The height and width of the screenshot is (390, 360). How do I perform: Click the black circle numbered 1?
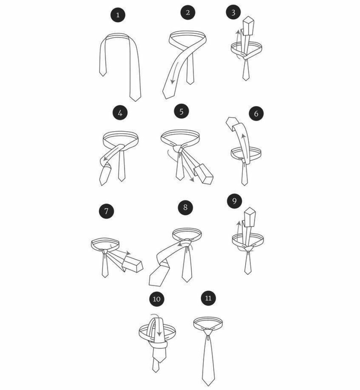[118, 15]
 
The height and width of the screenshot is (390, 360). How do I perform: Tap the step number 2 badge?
[188, 12]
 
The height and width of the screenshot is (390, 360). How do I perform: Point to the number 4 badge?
[120, 113]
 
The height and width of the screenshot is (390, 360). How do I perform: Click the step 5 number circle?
[181, 111]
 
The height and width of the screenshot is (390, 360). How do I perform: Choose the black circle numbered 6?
[256, 113]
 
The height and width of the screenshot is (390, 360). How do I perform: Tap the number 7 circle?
[106, 211]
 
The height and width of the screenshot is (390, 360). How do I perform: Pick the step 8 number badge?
[185, 207]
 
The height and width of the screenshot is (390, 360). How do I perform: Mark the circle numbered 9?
[234, 201]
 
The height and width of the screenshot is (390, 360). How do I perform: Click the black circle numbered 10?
[156, 298]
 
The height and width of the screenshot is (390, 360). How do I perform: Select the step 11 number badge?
[208, 298]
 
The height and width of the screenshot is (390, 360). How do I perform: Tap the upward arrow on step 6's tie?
[245, 146]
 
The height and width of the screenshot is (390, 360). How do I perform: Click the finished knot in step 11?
[208, 331]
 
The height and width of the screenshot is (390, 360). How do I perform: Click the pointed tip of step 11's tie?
[208, 386]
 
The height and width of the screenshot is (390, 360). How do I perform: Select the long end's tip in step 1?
[135, 101]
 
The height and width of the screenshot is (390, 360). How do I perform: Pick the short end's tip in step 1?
[102, 76]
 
